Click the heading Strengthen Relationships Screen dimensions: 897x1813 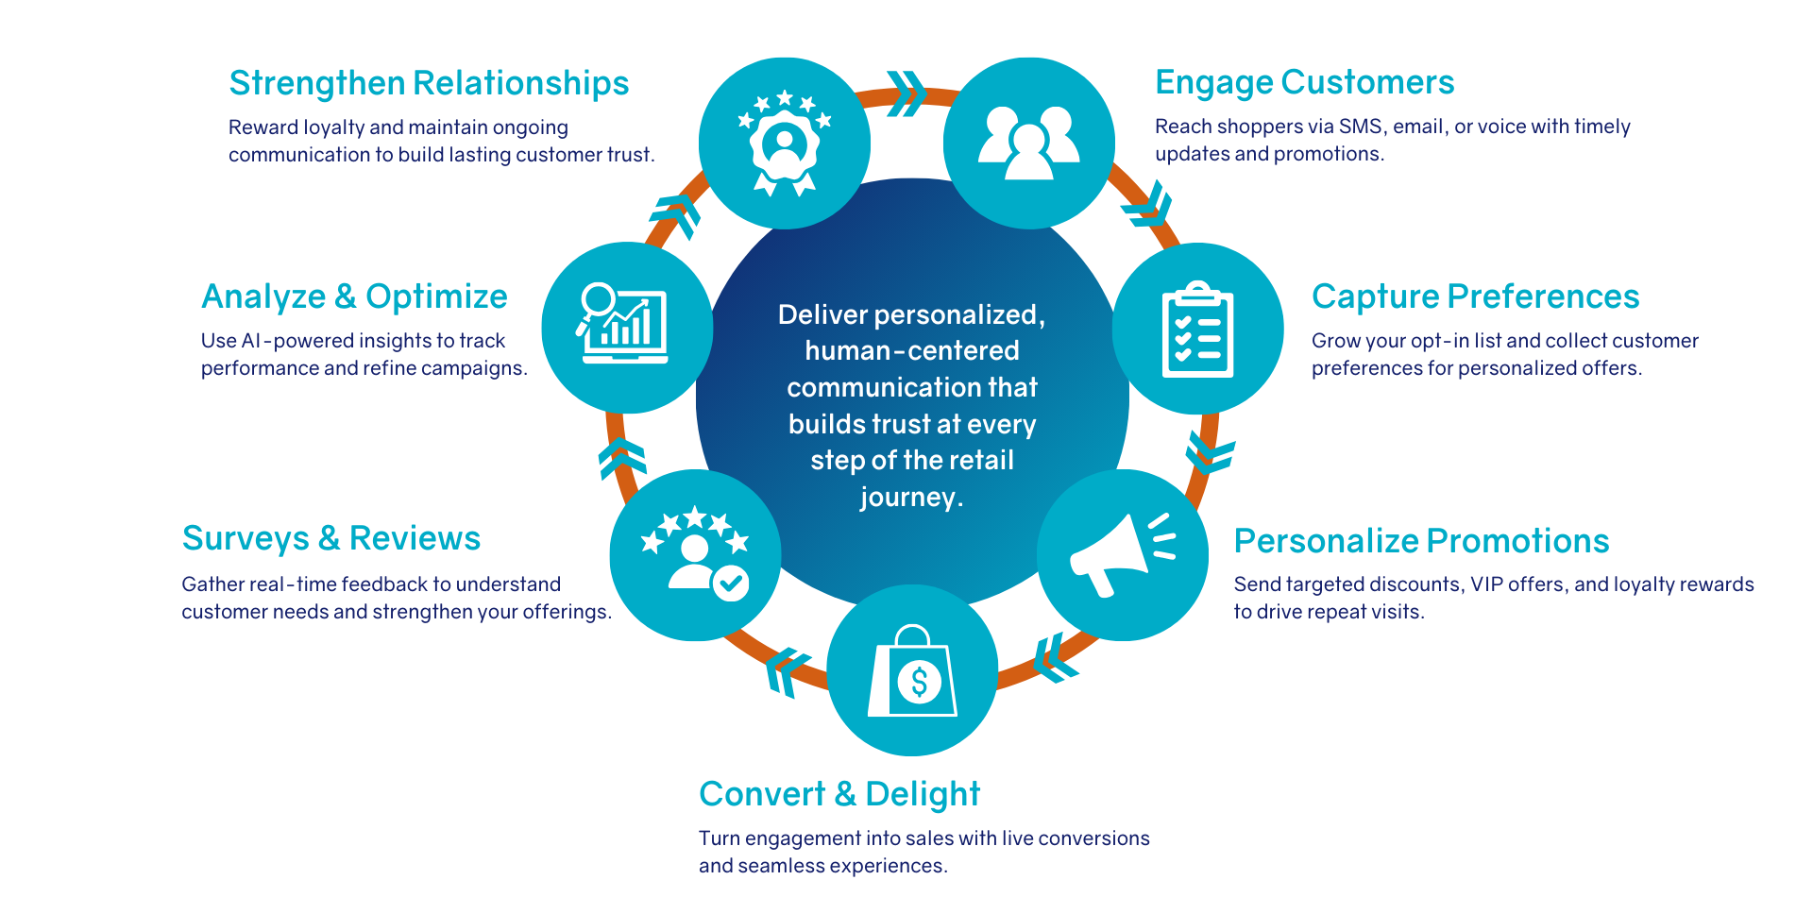tap(429, 83)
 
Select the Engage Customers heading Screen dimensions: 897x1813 tap(1304, 83)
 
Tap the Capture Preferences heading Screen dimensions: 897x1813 tap(1475, 296)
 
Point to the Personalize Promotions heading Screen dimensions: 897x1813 tap(1421, 541)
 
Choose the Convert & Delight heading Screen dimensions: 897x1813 tap(839, 794)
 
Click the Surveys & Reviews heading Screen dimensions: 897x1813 tap(331, 538)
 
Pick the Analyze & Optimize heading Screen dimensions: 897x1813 tap(354, 296)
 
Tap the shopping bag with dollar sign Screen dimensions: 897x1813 tap(912, 672)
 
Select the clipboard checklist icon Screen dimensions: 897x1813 tap(1197, 330)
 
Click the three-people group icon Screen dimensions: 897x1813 tap(1028, 143)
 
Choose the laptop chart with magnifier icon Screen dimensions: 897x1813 tap(624, 324)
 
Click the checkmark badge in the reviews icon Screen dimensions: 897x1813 tap(730, 583)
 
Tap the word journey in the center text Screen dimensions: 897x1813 tap(907, 498)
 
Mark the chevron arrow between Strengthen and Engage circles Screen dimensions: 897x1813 tap(906, 93)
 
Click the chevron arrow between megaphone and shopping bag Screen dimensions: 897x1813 tap(1054, 657)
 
